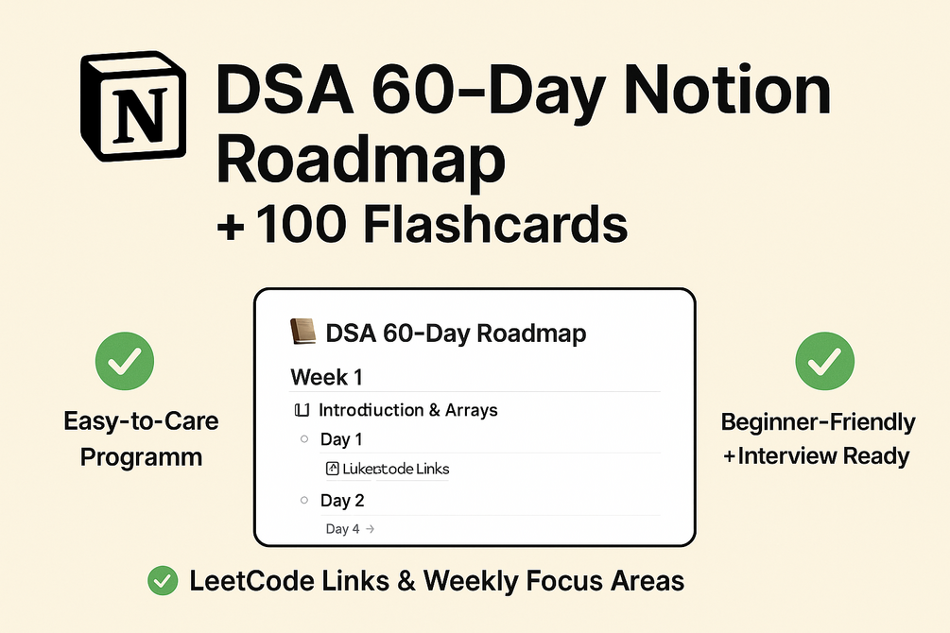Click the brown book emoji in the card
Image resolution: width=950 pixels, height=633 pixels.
tap(302, 333)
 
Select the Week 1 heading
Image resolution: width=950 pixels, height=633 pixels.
tap(326, 377)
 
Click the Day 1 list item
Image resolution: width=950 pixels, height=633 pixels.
tap(341, 439)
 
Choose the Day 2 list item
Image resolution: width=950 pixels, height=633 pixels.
tap(342, 501)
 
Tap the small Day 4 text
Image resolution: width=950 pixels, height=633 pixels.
tap(342, 529)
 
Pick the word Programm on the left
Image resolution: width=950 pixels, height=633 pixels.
tap(141, 457)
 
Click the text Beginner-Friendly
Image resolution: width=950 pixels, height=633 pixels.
tap(818, 421)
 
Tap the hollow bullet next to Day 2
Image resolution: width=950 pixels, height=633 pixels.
tap(303, 501)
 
